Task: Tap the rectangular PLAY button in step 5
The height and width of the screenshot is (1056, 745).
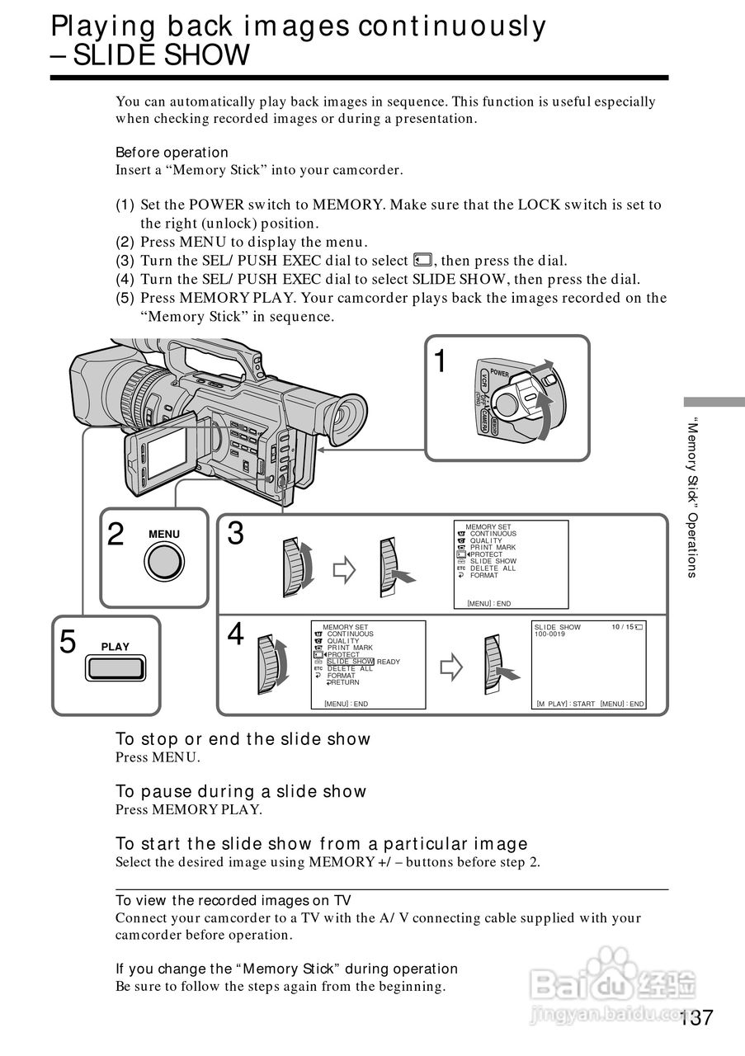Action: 116,667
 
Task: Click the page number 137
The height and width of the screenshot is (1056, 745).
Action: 696,1018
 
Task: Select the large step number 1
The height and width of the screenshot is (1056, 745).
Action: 441,361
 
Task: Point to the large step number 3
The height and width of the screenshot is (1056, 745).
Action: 235,535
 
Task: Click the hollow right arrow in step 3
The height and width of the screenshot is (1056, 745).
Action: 342,568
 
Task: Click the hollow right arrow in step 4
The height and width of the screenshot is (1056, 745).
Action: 451,667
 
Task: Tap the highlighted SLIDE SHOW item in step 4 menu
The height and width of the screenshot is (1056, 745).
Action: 351,662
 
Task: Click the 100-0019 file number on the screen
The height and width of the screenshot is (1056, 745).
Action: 549,634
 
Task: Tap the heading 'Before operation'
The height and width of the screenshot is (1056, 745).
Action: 172,153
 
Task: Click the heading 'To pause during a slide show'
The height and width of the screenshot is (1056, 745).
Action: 240,792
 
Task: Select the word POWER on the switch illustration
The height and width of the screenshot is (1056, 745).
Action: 500,373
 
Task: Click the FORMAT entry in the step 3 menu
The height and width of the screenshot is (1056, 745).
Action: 484,575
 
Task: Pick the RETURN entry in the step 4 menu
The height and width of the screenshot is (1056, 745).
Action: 344,682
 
